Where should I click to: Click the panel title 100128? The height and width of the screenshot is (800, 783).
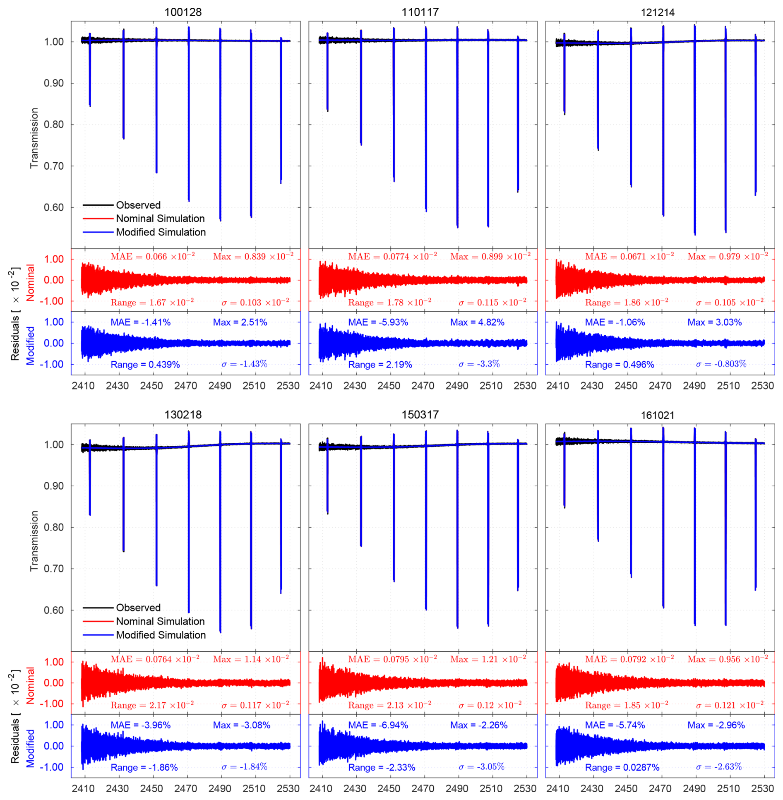183,12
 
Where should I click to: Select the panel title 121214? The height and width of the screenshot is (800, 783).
657,12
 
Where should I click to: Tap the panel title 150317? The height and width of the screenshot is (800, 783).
420,415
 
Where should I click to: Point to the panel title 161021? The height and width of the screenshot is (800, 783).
657,415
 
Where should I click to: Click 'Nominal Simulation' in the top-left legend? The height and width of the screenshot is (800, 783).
160,219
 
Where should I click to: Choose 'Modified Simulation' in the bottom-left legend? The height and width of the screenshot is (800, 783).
161,635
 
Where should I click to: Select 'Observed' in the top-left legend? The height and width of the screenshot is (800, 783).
138,205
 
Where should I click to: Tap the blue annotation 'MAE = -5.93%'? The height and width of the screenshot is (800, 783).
378,322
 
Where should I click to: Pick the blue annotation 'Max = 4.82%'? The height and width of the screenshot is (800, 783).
477,322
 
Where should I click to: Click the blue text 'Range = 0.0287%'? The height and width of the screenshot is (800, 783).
622,767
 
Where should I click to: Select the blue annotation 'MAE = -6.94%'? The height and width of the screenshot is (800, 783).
378,725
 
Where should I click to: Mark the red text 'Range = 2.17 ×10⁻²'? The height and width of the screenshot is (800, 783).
152,705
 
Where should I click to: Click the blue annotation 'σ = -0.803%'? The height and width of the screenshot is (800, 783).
721,364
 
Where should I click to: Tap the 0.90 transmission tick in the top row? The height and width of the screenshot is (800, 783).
53,83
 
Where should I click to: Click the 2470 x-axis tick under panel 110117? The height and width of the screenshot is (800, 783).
423,386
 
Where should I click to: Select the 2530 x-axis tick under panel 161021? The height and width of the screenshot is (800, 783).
762,788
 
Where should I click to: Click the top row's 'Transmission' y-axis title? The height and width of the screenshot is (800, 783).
34,138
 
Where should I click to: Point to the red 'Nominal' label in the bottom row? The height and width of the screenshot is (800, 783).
30,685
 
